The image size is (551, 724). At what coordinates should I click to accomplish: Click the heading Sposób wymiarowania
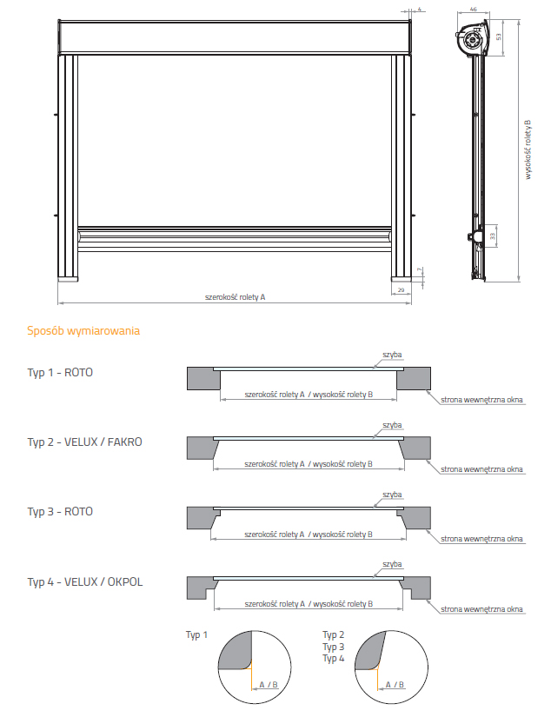[x=83, y=331]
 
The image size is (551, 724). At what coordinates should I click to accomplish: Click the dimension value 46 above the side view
[x=473, y=9]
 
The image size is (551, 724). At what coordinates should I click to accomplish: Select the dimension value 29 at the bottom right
[x=401, y=289]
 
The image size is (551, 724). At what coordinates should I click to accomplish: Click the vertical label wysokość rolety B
[x=527, y=149]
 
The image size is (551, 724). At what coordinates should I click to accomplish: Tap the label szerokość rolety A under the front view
[x=235, y=297]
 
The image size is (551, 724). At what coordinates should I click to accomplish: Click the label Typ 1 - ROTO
[x=60, y=372]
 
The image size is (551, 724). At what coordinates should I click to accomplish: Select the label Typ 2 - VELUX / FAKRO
[x=84, y=442]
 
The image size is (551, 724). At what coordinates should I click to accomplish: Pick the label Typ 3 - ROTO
[x=60, y=511]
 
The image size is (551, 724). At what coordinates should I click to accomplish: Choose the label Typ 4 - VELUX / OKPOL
[x=84, y=581]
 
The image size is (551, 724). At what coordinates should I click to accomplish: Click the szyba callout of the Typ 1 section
[x=392, y=355]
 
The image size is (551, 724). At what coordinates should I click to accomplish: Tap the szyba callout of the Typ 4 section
[x=392, y=564]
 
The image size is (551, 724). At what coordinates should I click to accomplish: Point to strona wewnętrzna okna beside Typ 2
[x=481, y=469]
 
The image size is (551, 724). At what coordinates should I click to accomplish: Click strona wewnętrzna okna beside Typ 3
[x=481, y=539]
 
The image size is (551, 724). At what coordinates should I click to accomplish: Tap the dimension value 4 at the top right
[x=420, y=9]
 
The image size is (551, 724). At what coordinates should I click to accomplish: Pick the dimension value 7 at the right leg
[x=420, y=271]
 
